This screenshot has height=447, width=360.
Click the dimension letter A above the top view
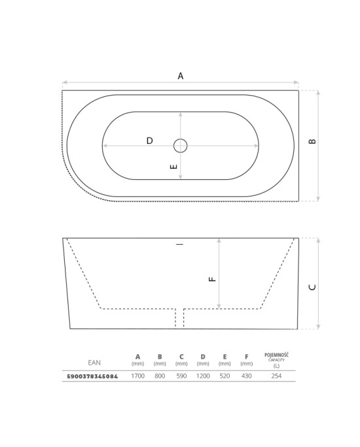[181, 76]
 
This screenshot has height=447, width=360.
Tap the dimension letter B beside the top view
[312, 141]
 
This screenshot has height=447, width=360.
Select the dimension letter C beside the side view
[312, 287]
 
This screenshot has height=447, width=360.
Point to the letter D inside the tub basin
[150, 141]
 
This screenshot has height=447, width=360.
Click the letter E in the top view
[173, 166]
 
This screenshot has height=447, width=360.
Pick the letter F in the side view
[213, 279]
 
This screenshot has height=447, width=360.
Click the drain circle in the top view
[181, 146]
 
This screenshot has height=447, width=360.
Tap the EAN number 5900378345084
[92, 376]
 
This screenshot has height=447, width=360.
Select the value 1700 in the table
[138, 376]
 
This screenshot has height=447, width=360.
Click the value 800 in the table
[160, 376]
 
